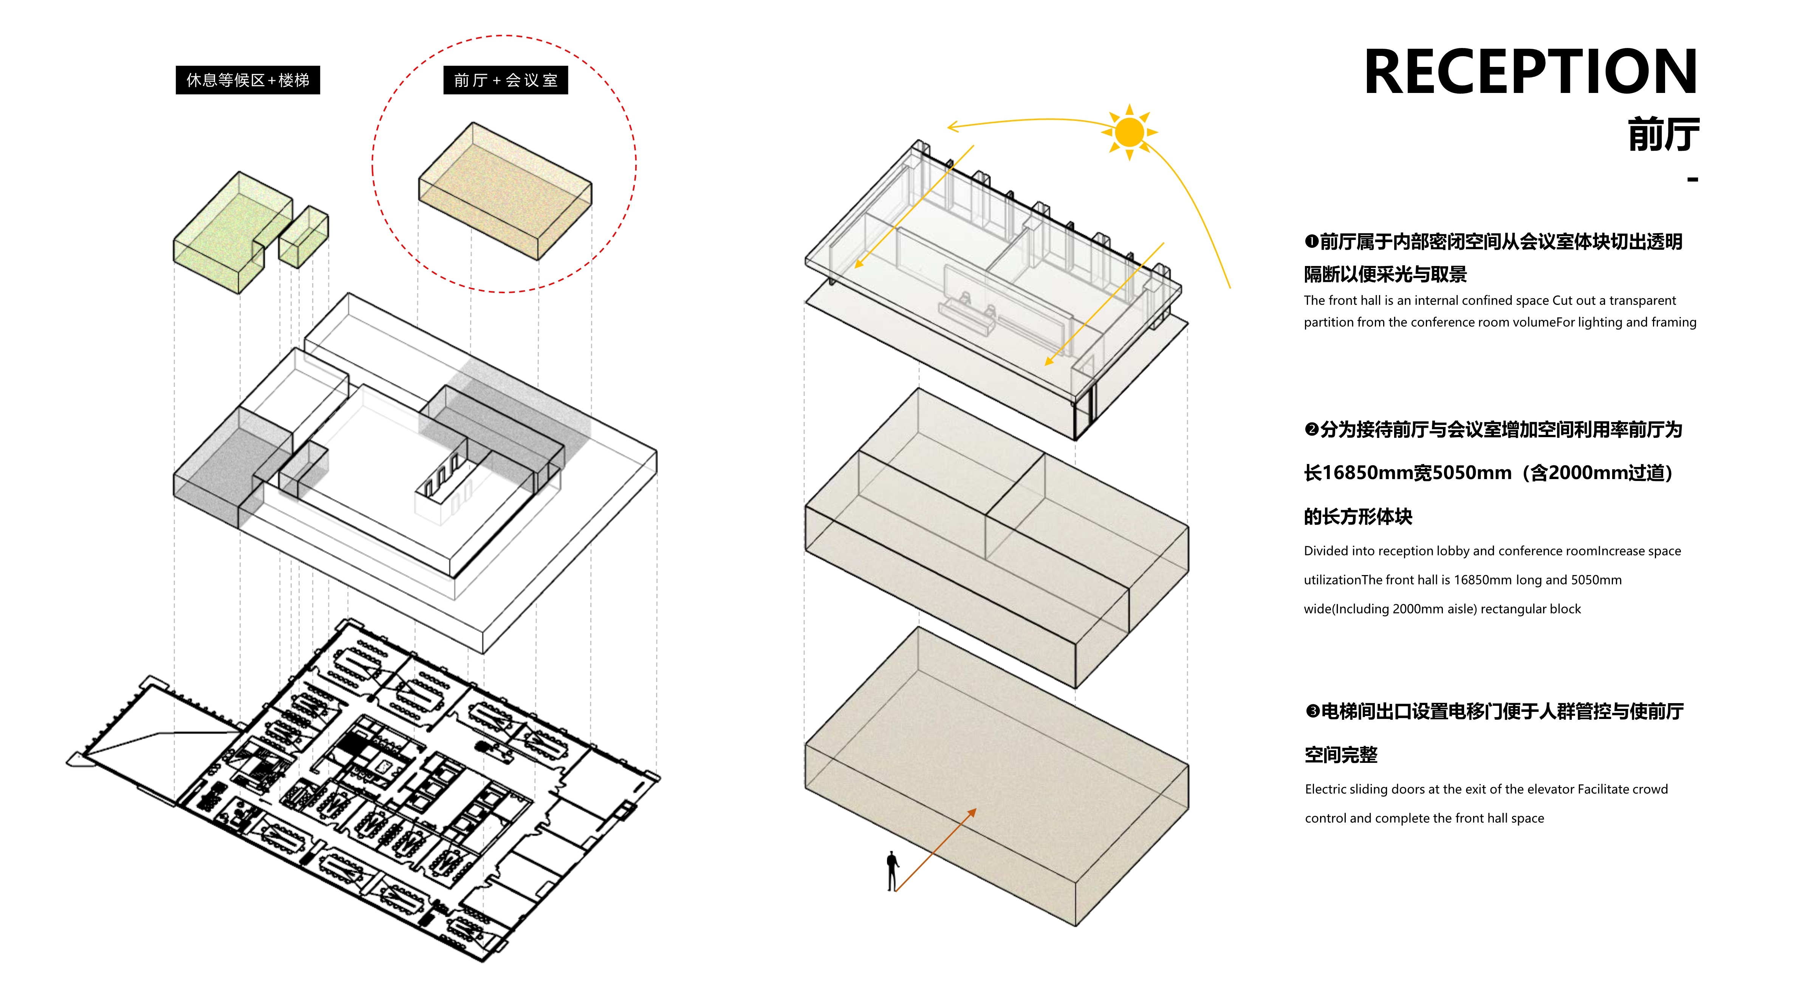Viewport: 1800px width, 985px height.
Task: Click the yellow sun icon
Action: pyautogui.click(x=1129, y=132)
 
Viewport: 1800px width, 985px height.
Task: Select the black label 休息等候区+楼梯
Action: pyautogui.click(x=248, y=80)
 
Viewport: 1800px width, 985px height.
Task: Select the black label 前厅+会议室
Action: pyautogui.click(x=505, y=80)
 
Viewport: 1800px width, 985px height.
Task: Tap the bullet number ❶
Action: pyautogui.click(x=1311, y=242)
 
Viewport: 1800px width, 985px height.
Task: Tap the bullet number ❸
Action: pyautogui.click(x=1312, y=711)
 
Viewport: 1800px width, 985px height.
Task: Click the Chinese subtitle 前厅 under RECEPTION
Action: pyautogui.click(x=1663, y=135)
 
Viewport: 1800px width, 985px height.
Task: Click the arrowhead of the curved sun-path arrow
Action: pyautogui.click(x=952, y=127)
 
